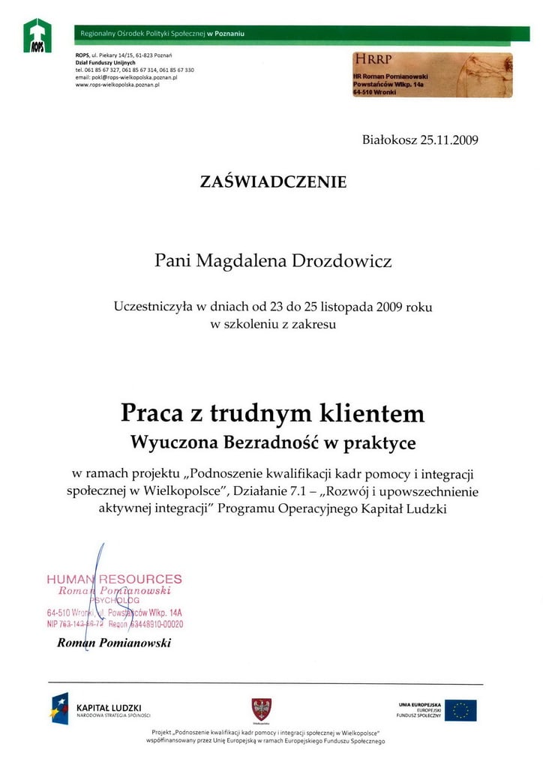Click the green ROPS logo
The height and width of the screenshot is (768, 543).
click(37, 35)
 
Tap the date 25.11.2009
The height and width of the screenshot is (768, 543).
click(443, 139)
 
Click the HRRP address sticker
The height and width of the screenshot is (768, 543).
click(432, 75)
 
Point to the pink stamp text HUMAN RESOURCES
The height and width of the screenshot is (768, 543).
click(114, 579)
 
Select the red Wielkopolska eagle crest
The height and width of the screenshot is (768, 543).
click(261, 709)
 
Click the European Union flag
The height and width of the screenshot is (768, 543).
click(460, 709)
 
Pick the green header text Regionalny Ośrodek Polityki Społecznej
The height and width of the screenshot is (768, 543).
click(139, 34)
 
